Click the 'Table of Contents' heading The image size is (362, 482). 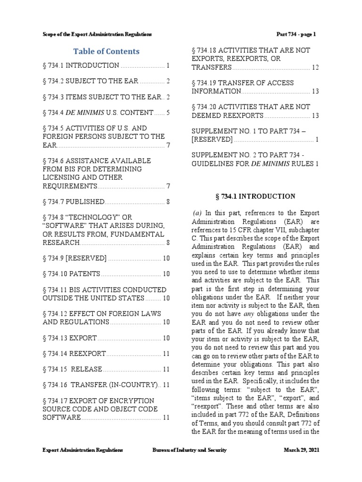[106, 51]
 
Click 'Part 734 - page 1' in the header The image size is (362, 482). [296, 34]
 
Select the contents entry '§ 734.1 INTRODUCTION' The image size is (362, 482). [81, 66]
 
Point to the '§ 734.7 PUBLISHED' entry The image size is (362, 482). [73, 202]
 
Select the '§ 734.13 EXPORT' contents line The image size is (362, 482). [70, 338]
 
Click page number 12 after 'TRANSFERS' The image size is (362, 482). [315, 68]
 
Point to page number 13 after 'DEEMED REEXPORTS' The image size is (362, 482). [315, 115]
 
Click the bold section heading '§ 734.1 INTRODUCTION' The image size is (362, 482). [255, 196]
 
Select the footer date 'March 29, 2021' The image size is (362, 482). [301, 450]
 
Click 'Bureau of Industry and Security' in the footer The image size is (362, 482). [189, 450]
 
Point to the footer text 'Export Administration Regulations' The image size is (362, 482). [82, 450]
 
